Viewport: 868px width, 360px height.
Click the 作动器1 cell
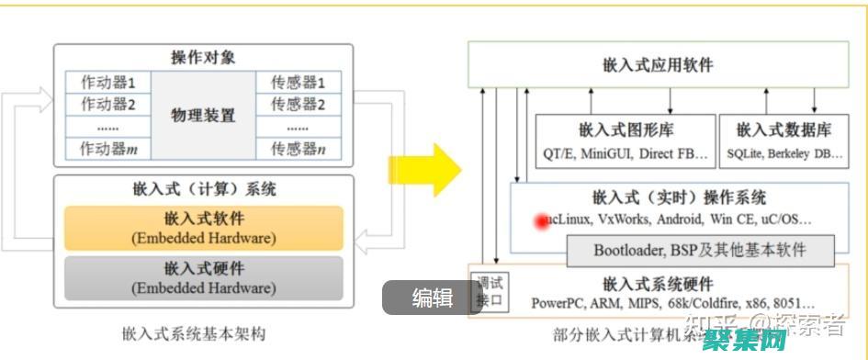tap(108, 81)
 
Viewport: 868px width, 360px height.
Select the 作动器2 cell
tap(108, 103)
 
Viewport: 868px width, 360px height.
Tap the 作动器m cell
tap(108, 148)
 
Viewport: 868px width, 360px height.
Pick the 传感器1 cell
tap(298, 81)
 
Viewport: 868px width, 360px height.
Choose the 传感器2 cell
tap(298, 103)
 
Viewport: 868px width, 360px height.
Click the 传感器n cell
tap(298, 148)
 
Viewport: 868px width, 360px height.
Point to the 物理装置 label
tap(203, 116)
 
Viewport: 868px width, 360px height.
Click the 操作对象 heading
tap(203, 57)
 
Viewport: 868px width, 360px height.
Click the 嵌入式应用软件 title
tap(658, 65)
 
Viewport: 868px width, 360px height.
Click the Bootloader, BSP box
tap(700, 250)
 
